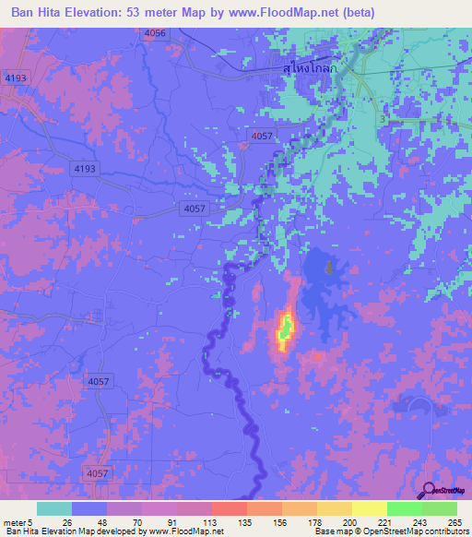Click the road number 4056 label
pos(156,32)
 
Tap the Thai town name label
pos(311,67)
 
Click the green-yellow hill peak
pos(286,328)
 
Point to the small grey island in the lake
pos(329,268)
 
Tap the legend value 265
pos(452,522)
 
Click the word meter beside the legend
pos(13,522)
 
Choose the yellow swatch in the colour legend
pos(369,508)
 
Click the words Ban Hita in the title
pos(41,13)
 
